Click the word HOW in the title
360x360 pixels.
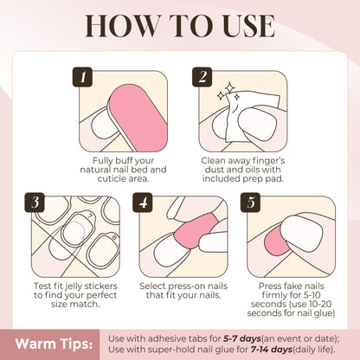point(105,27)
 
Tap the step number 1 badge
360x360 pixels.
point(84,77)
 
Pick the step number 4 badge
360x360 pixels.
point(143,204)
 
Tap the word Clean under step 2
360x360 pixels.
point(218,161)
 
